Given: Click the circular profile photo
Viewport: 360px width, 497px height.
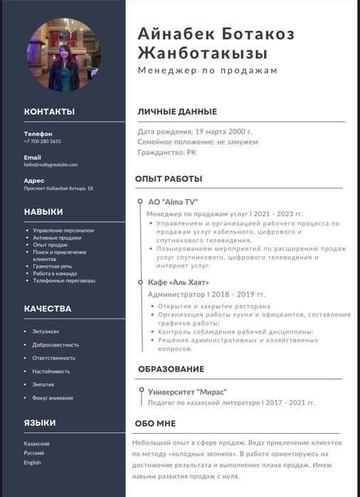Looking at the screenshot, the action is tap(63, 55).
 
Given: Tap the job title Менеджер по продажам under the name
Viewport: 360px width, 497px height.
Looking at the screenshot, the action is tap(207, 70).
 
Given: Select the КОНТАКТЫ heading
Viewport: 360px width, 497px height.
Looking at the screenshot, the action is tap(49, 112).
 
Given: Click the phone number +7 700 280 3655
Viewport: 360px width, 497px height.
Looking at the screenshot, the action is tap(42, 141).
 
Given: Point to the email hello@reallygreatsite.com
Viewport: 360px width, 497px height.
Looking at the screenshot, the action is tap(51, 165).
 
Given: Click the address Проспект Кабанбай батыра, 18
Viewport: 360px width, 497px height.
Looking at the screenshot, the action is tap(58, 188).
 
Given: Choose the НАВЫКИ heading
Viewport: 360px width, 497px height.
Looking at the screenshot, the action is tap(43, 212).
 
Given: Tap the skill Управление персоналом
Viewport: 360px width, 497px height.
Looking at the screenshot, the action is tap(63, 230).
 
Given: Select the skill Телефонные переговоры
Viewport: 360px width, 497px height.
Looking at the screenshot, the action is tap(64, 280).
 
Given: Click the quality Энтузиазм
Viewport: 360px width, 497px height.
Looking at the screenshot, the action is tap(46, 331).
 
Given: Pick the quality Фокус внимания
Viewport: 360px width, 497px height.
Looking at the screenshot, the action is tap(53, 397).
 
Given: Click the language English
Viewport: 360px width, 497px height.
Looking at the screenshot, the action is tap(33, 462).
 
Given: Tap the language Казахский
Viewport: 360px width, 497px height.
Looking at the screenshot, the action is tap(37, 444).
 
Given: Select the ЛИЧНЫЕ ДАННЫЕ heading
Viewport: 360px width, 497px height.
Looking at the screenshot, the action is tap(177, 112).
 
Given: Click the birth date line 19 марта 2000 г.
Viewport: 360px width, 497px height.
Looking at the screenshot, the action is tap(195, 132).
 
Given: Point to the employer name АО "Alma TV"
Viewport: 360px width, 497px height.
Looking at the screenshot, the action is tap(172, 202).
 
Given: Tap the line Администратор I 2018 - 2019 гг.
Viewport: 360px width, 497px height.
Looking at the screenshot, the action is tap(206, 294).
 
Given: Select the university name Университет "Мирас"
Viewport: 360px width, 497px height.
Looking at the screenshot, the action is tap(187, 392).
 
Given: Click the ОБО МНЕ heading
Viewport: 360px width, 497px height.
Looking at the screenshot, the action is tap(155, 423).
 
